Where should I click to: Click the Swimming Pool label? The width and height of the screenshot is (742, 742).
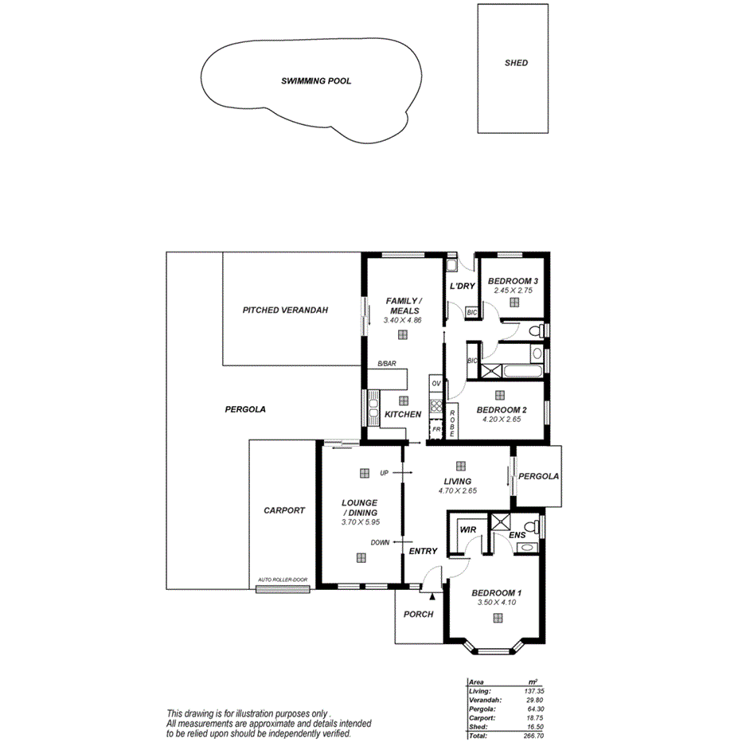pyautogui.click(x=315, y=81)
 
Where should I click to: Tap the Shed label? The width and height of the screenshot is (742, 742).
pyautogui.click(x=516, y=63)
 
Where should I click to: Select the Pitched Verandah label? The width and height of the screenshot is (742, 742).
pyautogui.click(x=285, y=310)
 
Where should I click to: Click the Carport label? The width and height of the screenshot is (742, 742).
pyautogui.click(x=283, y=510)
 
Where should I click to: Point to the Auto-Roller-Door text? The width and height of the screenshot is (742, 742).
pyautogui.click(x=283, y=580)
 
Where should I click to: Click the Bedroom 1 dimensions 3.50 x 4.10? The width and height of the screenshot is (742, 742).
pyautogui.click(x=497, y=603)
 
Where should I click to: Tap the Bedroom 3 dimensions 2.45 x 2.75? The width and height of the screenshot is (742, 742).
pyautogui.click(x=513, y=291)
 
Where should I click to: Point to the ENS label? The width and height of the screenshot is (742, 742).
pyautogui.click(x=517, y=535)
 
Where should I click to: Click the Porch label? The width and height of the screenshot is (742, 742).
pyautogui.click(x=418, y=614)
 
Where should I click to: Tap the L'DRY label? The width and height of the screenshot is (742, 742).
pyautogui.click(x=462, y=286)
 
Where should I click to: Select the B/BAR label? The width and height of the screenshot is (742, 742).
pyautogui.click(x=387, y=364)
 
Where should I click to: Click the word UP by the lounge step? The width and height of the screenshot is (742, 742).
pyautogui.click(x=384, y=473)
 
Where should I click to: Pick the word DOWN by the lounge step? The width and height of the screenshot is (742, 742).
pyautogui.click(x=380, y=543)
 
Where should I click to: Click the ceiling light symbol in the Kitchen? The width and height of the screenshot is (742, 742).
pyautogui.click(x=403, y=400)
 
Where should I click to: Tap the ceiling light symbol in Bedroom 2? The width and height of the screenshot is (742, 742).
pyautogui.click(x=499, y=395)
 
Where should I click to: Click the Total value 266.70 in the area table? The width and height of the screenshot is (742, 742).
pyautogui.click(x=533, y=736)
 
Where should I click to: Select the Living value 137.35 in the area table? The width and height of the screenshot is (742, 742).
pyautogui.click(x=533, y=691)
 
